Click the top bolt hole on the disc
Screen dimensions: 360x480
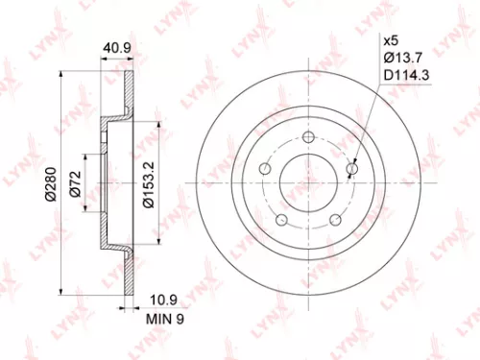[x=308, y=136]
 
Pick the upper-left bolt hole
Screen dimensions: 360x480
[x=265, y=167]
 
